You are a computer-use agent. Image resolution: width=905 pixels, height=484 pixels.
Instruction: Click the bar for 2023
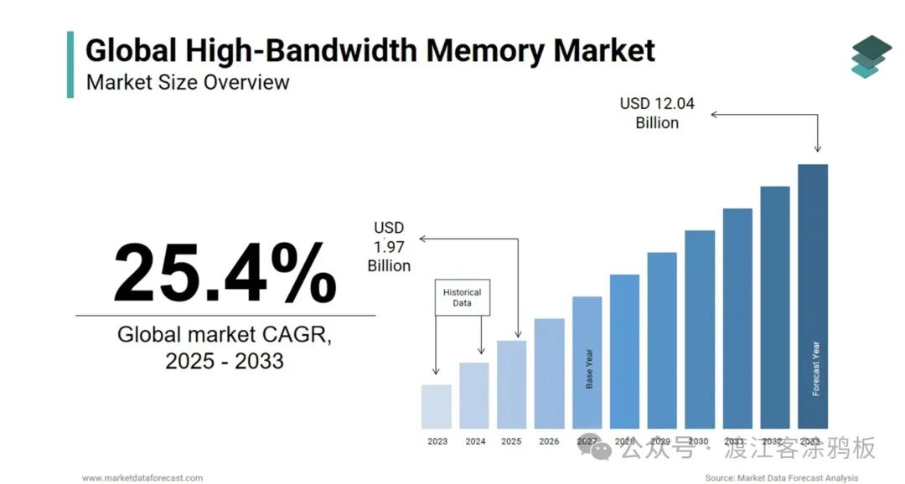coord(437,406)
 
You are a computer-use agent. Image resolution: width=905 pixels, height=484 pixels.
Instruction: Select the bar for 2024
coord(474,395)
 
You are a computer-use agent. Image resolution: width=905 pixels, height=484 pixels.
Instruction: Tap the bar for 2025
coord(511,384)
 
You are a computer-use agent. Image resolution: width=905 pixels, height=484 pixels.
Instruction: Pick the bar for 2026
coord(549,373)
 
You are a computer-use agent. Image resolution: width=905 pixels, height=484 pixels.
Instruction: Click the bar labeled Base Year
coord(587,363)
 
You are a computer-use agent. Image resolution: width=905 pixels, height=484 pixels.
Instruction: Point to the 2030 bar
coord(700,329)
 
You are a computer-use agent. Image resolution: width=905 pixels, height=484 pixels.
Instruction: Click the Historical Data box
coord(462,297)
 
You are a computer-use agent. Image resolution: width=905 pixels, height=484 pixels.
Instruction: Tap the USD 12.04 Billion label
coord(657,113)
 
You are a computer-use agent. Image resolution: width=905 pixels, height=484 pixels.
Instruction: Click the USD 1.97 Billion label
coord(389,246)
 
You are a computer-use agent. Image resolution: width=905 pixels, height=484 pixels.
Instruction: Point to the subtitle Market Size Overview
coord(188,82)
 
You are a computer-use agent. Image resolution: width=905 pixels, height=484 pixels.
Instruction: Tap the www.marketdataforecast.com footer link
coord(142,477)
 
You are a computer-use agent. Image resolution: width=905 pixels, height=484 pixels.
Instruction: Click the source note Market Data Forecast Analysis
coord(781,477)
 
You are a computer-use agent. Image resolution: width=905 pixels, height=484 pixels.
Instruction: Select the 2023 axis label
coord(437,441)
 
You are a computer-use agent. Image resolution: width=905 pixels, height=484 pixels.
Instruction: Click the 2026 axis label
coord(549,441)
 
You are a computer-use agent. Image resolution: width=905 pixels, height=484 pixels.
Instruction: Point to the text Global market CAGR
coord(225,336)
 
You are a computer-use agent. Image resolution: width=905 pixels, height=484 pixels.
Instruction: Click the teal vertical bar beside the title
coord(70,64)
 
